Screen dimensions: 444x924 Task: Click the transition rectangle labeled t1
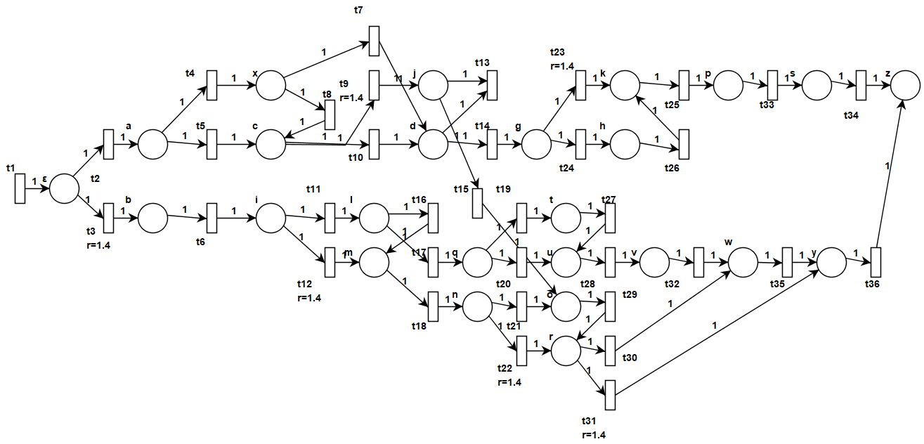[20, 189]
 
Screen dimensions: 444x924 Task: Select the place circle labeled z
[906, 86]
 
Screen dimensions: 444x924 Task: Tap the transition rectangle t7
[374, 41]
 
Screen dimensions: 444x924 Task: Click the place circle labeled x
[271, 86]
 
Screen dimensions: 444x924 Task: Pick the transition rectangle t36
[876, 262]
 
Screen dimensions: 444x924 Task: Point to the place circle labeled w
[744, 262]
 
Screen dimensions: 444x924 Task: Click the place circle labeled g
[536, 145]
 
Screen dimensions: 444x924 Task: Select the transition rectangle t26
[684, 145]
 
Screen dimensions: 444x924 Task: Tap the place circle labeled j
[433, 86]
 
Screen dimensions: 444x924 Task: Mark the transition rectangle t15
[477, 203]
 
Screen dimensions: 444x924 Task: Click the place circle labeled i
[271, 218]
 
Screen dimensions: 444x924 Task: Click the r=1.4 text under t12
[309, 299]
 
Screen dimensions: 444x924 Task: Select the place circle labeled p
[729, 86]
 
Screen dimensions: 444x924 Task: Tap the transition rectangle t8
[330, 115]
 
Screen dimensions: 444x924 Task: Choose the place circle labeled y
[831, 262]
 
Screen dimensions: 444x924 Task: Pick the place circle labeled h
[625, 145]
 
